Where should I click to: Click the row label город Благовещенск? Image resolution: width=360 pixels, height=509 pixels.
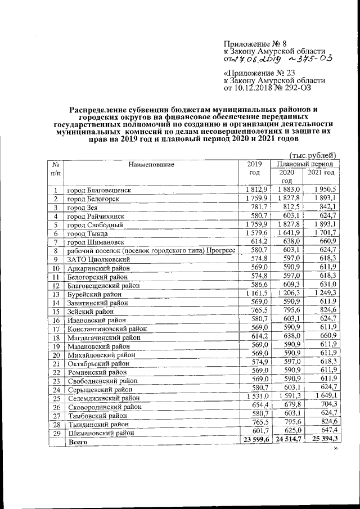click(99, 191)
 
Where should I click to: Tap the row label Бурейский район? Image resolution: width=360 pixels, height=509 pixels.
click(94, 294)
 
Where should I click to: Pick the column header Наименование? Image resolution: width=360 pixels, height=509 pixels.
click(151, 165)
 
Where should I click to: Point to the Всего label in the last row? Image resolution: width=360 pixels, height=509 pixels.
click(76, 443)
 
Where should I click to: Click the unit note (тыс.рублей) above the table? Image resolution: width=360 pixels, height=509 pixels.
click(312, 155)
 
